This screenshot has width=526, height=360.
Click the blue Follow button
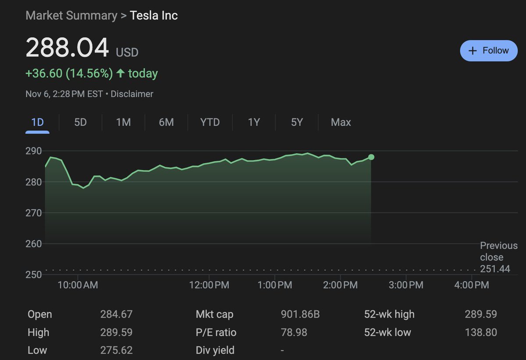[488, 51]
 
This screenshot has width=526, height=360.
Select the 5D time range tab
[80, 122]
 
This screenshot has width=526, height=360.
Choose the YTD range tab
[210, 122]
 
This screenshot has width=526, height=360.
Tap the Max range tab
[341, 122]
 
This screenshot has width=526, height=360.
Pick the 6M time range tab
[166, 122]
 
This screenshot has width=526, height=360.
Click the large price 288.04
[67, 48]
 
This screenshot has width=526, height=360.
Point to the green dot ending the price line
[371, 157]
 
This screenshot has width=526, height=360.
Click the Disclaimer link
[132, 94]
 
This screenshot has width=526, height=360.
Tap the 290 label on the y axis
[33, 151]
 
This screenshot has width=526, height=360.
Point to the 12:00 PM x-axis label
[209, 285]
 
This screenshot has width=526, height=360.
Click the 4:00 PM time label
[472, 285]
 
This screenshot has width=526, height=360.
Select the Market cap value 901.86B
[300, 314]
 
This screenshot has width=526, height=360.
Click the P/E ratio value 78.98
[294, 332]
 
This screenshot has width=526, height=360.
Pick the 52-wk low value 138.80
[481, 332]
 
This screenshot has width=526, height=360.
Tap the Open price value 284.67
[116, 314]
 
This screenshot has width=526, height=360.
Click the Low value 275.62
[116, 350]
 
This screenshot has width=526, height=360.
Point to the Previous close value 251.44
[495, 269]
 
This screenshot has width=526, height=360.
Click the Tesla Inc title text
[154, 16]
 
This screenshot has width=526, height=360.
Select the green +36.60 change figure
[44, 73]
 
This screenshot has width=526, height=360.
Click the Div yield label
[215, 350]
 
